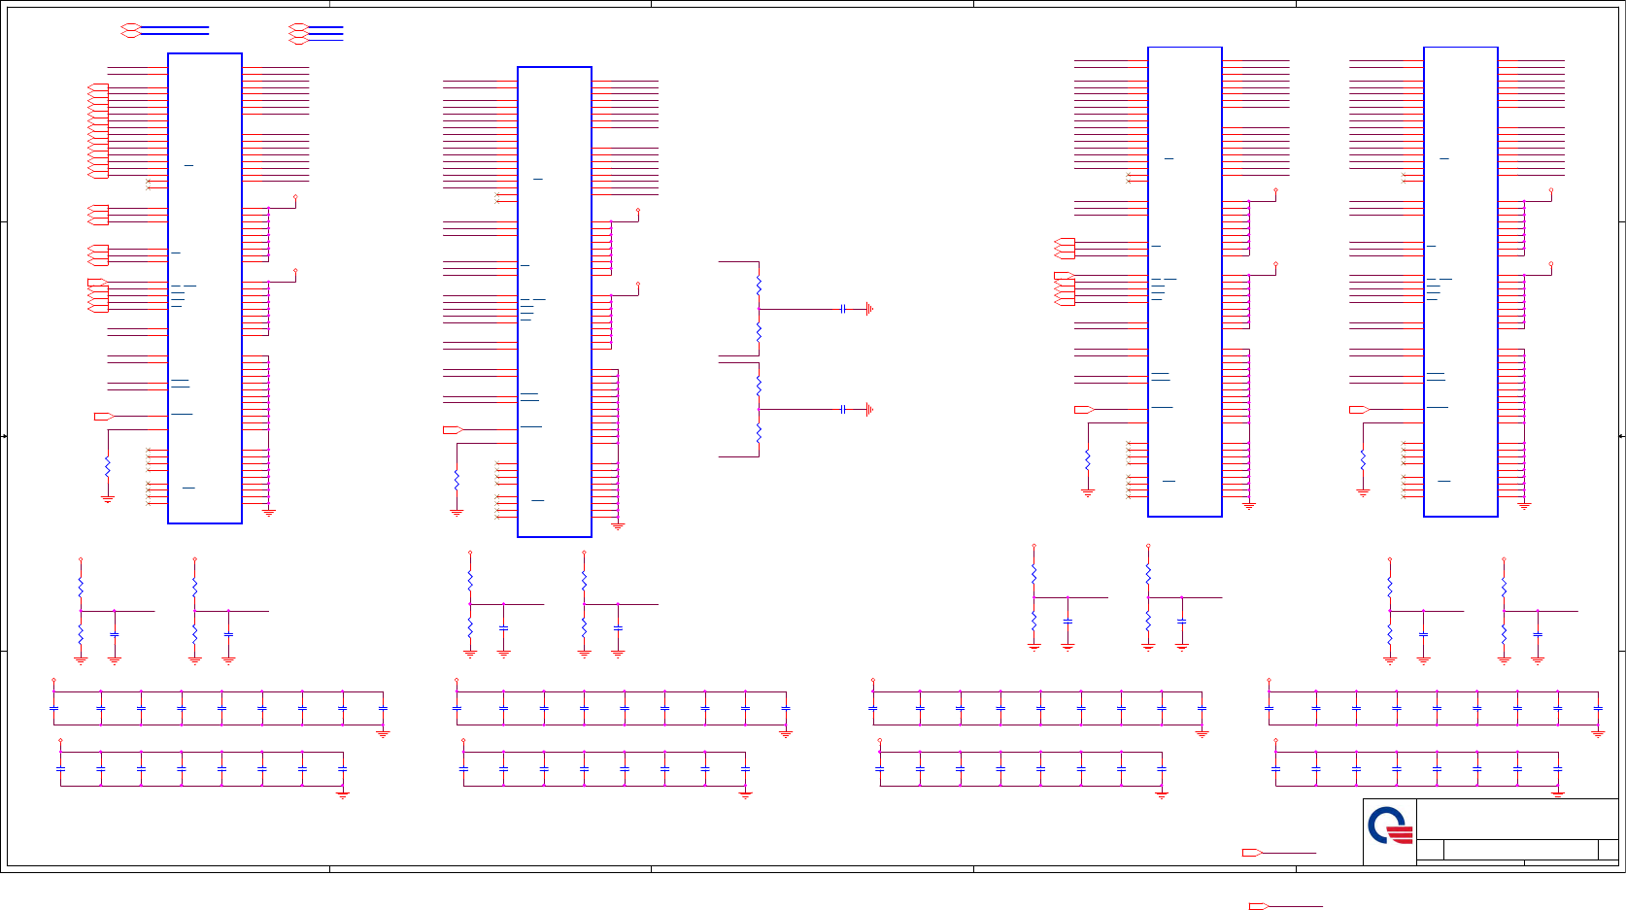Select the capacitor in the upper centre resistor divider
(x=843, y=309)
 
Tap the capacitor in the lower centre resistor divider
(x=843, y=410)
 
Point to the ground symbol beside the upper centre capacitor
(x=869, y=309)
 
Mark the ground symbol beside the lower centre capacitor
(x=869, y=410)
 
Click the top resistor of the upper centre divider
(x=759, y=285)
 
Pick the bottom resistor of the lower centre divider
(x=759, y=433)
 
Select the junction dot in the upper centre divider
(x=759, y=309)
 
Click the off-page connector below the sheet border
(x=1258, y=906)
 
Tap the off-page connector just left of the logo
(x=1252, y=853)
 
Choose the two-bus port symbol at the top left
(x=130, y=30)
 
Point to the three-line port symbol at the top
(x=298, y=34)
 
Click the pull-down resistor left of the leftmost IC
(x=108, y=466)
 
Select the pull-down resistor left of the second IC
(x=457, y=480)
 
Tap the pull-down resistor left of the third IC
(x=1088, y=459)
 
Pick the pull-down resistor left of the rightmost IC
(x=1363, y=459)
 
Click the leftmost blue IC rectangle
(x=205, y=288)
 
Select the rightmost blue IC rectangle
(x=1460, y=282)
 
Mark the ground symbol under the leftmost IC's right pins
(x=269, y=512)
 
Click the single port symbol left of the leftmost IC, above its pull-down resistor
(x=103, y=417)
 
